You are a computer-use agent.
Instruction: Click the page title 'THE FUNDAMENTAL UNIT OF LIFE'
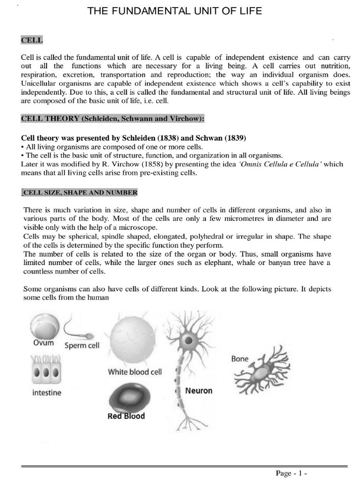pos(175,11)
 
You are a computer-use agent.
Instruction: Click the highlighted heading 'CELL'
pos(32,40)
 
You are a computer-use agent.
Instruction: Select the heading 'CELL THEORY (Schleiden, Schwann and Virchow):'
pos(113,119)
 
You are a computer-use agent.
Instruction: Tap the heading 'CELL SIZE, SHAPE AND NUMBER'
pos(80,193)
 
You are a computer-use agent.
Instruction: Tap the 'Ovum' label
pos(44,343)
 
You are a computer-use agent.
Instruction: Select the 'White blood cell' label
pos(135,372)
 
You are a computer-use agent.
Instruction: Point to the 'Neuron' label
pos(198,390)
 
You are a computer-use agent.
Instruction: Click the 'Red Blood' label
pos(127,416)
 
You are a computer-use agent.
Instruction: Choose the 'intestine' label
pos(46,393)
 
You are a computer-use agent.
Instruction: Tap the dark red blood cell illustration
pos(128,397)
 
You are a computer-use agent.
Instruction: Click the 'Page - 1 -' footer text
pos(291,473)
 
